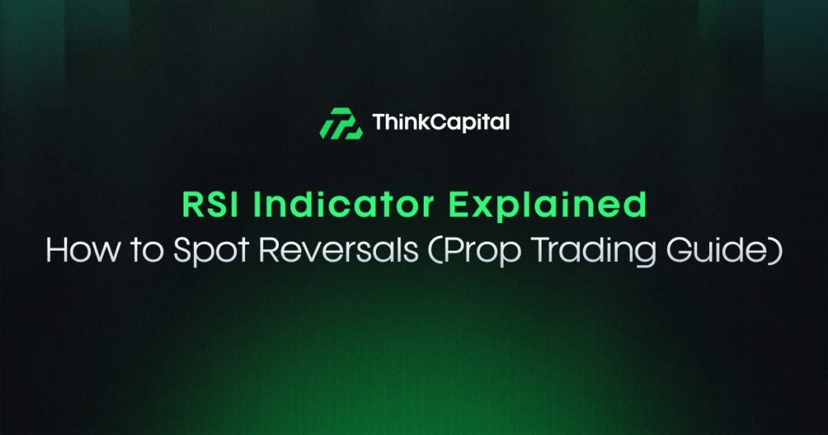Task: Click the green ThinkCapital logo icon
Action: pyautogui.click(x=340, y=124)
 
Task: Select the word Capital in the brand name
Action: pyautogui.click(x=468, y=124)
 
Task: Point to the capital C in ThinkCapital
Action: pyautogui.click(x=437, y=123)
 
